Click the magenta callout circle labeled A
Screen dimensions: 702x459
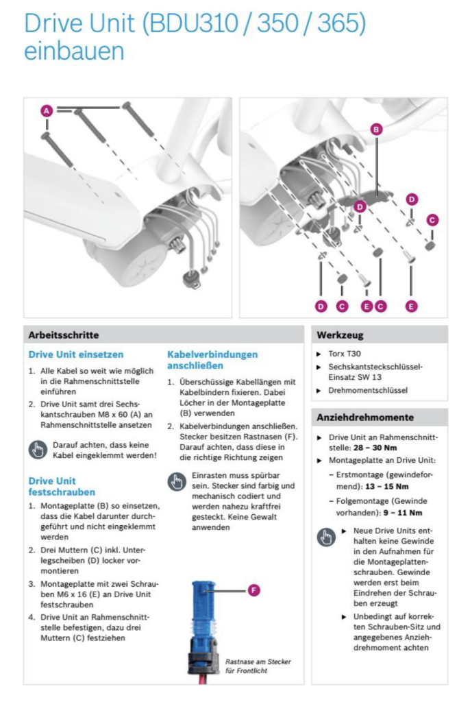pyautogui.click(x=46, y=110)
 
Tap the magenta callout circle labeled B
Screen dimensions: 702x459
pyautogui.click(x=376, y=128)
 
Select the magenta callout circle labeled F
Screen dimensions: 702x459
pyautogui.click(x=254, y=590)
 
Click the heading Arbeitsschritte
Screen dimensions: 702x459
pyautogui.click(x=64, y=335)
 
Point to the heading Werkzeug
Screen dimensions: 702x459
pyautogui.click(x=340, y=335)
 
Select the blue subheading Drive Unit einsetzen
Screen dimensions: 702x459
pyautogui.click(x=75, y=354)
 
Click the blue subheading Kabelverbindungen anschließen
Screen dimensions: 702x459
pyautogui.click(x=212, y=360)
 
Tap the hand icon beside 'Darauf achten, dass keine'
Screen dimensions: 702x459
pyautogui.click(x=37, y=450)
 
